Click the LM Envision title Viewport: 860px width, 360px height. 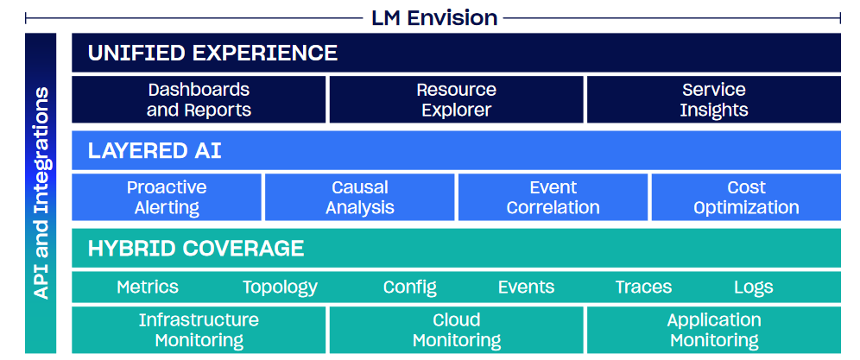coord(433,17)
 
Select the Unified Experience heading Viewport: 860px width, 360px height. coord(212,53)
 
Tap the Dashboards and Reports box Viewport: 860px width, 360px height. coord(199,99)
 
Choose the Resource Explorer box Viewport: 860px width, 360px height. coord(456,99)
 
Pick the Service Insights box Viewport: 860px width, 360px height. coord(714,99)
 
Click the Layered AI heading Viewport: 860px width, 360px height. coord(155,150)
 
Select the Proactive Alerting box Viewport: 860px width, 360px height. coord(167,197)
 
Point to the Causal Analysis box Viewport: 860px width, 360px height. coord(360,197)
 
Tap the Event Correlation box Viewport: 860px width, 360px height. coord(553,197)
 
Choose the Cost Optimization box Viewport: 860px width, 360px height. coord(747,197)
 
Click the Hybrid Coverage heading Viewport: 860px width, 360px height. coord(196,249)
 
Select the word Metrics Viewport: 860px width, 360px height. coord(148,287)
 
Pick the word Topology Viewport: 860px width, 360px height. coord(281,287)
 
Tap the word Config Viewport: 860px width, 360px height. coord(409,287)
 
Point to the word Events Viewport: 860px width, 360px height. coord(526,287)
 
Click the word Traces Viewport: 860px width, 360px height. coord(643,287)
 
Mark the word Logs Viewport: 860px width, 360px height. coord(754,287)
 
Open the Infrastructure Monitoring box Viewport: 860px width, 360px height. coord(199,330)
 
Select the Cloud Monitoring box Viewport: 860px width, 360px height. coord(456,330)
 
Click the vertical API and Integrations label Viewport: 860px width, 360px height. coord(41,193)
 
